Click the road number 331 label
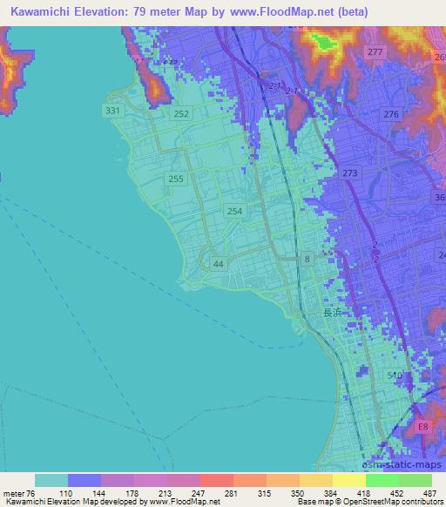111,112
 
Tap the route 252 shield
181,114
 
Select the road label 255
176,179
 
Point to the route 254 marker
234,211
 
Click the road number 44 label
218,264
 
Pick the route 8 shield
307,259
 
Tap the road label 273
350,173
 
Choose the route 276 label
391,115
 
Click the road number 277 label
375,53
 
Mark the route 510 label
394,375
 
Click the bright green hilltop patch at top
328,41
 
